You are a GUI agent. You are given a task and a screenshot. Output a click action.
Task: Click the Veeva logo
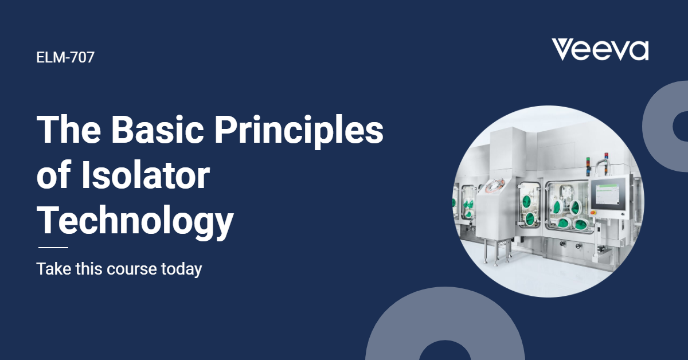(x=600, y=50)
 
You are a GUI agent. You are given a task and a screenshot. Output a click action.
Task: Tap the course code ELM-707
(x=65, y=57)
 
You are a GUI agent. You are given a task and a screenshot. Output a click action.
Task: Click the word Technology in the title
(x=135, y=221)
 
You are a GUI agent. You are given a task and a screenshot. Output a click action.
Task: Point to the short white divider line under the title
(x=53, y=248)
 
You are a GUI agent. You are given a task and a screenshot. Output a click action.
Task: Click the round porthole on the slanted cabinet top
(x=494, y=184)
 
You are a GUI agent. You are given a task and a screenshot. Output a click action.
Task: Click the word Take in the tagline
(x=50, y=268)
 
